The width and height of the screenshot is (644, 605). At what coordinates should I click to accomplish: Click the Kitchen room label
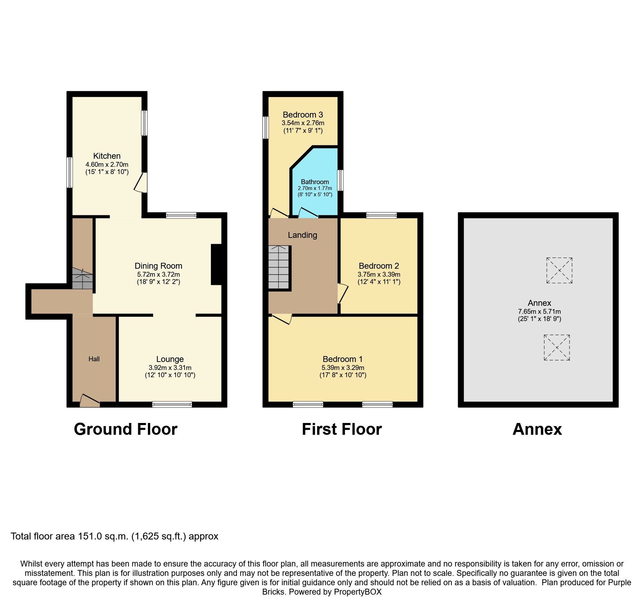pos(107,156)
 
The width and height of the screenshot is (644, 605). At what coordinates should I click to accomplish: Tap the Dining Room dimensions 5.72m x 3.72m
pos(158,274)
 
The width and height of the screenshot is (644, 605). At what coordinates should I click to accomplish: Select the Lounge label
pos(170,359)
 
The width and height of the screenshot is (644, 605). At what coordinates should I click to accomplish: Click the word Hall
pos(94,359)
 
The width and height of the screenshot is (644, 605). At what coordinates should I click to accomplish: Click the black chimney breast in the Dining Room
pos(216,265)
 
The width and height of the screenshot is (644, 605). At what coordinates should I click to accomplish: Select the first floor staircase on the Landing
pos(279,267)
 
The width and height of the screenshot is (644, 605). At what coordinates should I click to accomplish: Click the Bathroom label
pos(315,182)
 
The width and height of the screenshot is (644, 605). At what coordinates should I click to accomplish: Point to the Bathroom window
pos(340,180)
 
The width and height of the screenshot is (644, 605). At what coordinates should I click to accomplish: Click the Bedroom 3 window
pos(266,127)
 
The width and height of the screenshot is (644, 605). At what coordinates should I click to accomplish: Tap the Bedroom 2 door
pos(343,293)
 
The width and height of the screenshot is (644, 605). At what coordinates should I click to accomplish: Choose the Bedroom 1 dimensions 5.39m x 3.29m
pos(343,368)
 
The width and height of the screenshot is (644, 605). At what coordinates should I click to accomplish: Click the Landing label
pos(302,235)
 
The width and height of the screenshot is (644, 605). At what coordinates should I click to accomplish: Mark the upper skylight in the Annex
pos(559,270)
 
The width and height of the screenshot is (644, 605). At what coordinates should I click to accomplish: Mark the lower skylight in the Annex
pos(557,347)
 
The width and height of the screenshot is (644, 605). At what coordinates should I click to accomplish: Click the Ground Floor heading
pos(125,429)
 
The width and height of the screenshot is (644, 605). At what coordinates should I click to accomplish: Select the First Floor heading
pos(341,429)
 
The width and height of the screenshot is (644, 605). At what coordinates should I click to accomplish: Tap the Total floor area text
pos(114,536)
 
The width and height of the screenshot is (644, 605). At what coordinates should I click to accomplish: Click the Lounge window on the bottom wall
pos(172,404)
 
